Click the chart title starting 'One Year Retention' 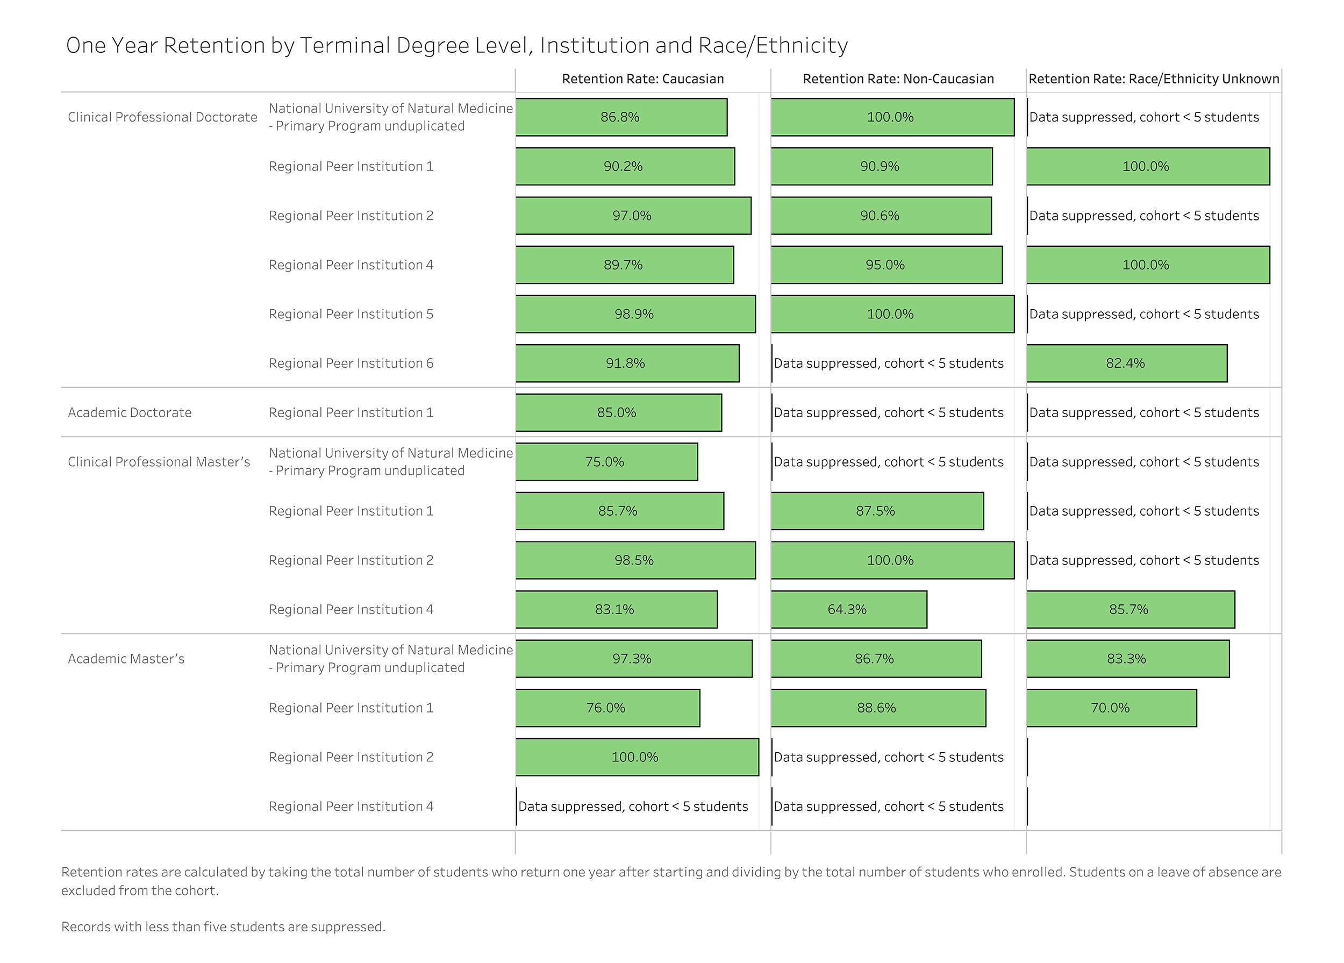tap(456, 46)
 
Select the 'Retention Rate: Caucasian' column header tap(643, 79)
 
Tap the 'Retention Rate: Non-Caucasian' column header tap(898, 79)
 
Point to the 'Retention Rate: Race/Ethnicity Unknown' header tap(1154, 79)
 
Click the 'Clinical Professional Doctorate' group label tap(162, 117)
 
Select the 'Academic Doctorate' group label tap(130, 412)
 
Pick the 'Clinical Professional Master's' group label tap(159, 462)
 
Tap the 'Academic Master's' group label tap(126, 658)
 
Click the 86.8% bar tap(621, 117)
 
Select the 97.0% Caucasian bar tap(633, 216)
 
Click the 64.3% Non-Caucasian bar tap(848, 609)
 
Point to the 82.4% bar tap(1126, 363)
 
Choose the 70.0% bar tap(1111, 708)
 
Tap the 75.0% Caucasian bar tap(606, 462)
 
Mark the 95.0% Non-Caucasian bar tap(887, 265)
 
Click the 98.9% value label tap(634, 314)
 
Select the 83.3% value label tap(1126, 658)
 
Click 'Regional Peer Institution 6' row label tap(351, 363)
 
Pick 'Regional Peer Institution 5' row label tap(351, 314)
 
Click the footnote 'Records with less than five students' tap(224, 927)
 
